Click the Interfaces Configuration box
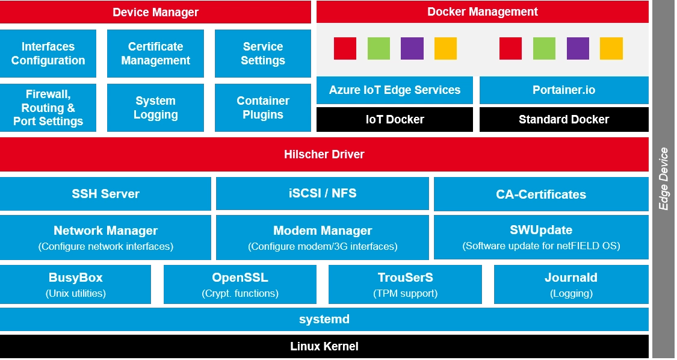48,54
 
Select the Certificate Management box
155,54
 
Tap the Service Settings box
263,54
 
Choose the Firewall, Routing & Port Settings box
48,108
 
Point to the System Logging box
155,108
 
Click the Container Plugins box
263,108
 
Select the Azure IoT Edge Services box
395,90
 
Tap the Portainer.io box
564,90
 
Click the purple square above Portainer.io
578,48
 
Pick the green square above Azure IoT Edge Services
379,48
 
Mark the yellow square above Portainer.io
611,48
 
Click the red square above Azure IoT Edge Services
345,48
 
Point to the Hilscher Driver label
324,154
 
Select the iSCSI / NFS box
323,193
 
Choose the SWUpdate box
541,237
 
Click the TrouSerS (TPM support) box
405,285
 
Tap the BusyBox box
75,285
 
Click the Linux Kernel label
324,346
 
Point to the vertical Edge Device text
664,179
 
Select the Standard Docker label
564,119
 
